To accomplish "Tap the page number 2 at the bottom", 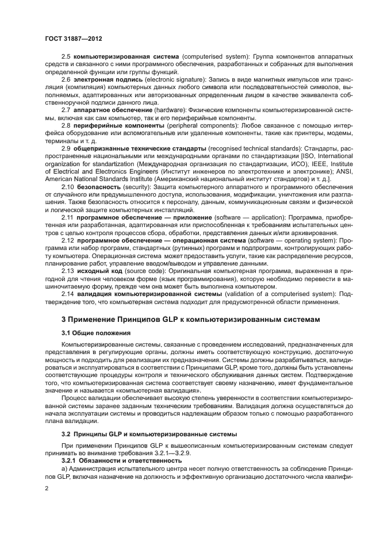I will [x=47, y=487].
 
